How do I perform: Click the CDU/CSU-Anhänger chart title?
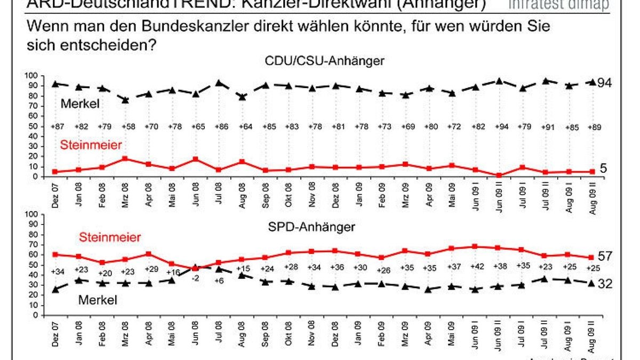(324, 61)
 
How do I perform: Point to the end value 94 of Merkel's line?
(604, 83)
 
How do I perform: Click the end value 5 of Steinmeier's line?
(603, 169)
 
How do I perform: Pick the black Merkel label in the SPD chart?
(98, 300)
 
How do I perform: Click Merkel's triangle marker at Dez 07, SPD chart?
(55, 290)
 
